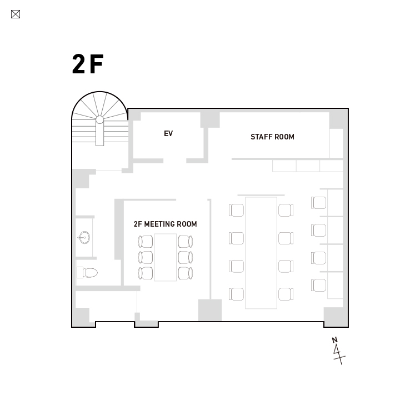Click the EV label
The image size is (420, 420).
click(x=168, y=133)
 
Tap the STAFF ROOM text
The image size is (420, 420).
click(x=272, y=137)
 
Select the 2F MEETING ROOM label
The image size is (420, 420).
click(x=165, y=224)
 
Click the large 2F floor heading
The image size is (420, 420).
click(x=88, y=64)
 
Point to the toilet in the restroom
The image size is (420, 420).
click(x=87, y=273)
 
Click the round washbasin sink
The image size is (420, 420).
click(x=84, y=237)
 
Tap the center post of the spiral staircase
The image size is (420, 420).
click(x=99, y=120)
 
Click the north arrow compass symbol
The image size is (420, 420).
click(x=338, y=351)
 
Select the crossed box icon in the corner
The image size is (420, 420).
click(x=16, y=14)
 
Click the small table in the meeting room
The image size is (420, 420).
click(x=165, y=257)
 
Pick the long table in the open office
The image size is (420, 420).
click(x=261, y=253)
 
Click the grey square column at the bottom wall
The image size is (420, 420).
click(x=210, y=310)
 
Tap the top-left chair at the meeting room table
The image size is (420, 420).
click(x=146, y=242)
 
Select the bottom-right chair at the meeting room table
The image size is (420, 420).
click(x=186, y=273)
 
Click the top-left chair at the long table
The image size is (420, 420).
click(x=236, y=210)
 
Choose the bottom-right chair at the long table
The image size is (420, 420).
click(x=286, y=294)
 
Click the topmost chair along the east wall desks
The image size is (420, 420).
click(x=318, y=202)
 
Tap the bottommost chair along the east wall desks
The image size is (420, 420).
click(x=318, y=285)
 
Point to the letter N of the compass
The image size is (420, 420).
click(x=334, y=340)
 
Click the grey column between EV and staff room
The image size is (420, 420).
click(x=210, y=120)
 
